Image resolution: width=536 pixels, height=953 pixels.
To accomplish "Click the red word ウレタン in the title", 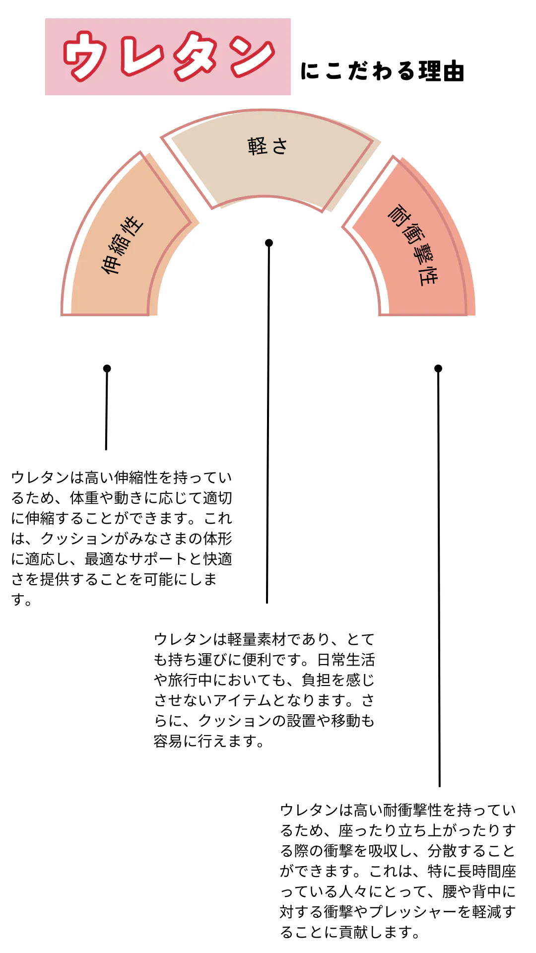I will point(168,56).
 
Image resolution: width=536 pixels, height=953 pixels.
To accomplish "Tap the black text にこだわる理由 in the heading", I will point(382,71).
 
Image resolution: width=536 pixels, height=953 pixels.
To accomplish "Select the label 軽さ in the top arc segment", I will point(268,146).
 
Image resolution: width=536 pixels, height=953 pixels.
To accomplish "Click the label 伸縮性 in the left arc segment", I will point(122,245).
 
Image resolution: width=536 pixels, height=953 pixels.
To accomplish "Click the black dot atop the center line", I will point(269,243).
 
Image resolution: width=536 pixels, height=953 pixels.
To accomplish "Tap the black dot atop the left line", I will point(107,368).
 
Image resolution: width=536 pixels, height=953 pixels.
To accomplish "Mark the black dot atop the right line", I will point(438,368).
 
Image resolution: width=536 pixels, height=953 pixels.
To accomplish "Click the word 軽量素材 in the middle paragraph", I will point(257,639).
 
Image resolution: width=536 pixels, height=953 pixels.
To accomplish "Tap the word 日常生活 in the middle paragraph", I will point(346,660).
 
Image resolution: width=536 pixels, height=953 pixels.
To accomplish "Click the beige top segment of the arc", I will point(268,174).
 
